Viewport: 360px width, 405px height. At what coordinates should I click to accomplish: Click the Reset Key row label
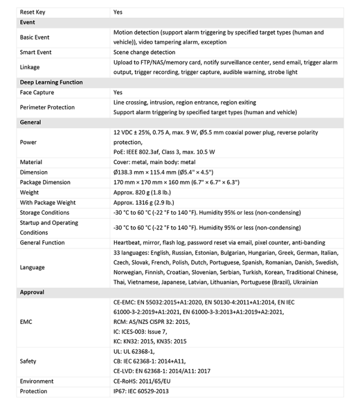click(33, 12)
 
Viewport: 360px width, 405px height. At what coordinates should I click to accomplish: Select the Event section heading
click(28, 22)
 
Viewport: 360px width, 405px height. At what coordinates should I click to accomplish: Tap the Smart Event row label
click(36, 52)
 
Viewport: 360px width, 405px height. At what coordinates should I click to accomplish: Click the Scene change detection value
click(144, 52)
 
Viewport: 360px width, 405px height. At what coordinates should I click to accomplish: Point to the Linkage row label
click(31, 67)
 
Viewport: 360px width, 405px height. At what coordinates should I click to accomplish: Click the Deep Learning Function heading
click(51, 82)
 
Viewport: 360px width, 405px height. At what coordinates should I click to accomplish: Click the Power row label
click(29, 142)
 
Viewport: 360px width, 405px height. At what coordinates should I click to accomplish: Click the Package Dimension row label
click(45, 182)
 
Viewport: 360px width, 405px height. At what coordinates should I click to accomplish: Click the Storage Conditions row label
click(45, 213)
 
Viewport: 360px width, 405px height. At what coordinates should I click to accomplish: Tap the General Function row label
click(42, 242)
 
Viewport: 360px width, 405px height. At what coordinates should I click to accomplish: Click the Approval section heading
click(32, 292)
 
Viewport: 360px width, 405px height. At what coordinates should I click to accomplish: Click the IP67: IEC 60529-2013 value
click(141, 391)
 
